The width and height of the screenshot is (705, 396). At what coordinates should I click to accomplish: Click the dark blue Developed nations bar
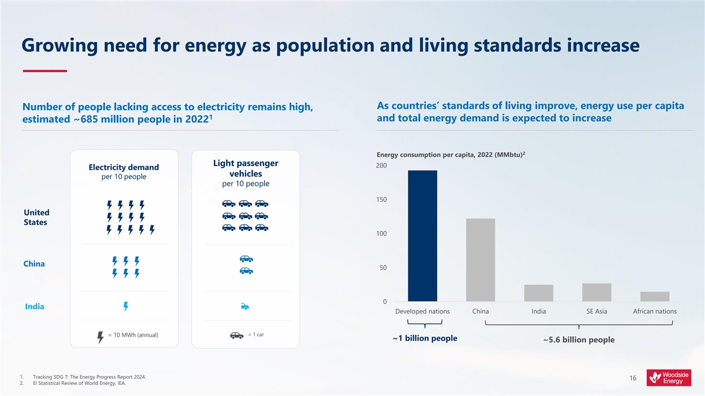click(422, 236)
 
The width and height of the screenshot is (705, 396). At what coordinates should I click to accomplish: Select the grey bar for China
click(480, 260)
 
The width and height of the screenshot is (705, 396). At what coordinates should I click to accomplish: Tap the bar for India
click(538, 293)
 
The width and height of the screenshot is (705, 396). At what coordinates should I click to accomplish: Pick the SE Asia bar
click(596, 292)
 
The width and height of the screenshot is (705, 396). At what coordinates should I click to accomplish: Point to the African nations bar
click(654, 296)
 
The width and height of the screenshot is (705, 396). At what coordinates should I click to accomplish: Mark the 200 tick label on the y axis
click(381, 166)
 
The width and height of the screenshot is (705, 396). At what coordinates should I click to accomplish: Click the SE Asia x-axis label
click(596, 311)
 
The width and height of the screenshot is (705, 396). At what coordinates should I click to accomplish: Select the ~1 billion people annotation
click(424, 339)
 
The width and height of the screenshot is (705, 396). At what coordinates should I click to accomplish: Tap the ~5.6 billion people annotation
click(579, 340)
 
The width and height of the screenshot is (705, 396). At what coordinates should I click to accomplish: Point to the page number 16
click(633, 379)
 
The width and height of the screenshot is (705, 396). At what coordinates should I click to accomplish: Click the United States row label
click(36, 217)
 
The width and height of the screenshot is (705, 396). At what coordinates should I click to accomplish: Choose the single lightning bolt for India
click(125, 306)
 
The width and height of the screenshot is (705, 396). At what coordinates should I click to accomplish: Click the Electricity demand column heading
click(123, 168)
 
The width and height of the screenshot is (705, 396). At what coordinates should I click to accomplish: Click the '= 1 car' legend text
click(256, 334)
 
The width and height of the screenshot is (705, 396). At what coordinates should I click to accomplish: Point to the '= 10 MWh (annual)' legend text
click(133, 335)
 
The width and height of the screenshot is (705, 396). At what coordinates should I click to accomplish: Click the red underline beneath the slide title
click(45, 71)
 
